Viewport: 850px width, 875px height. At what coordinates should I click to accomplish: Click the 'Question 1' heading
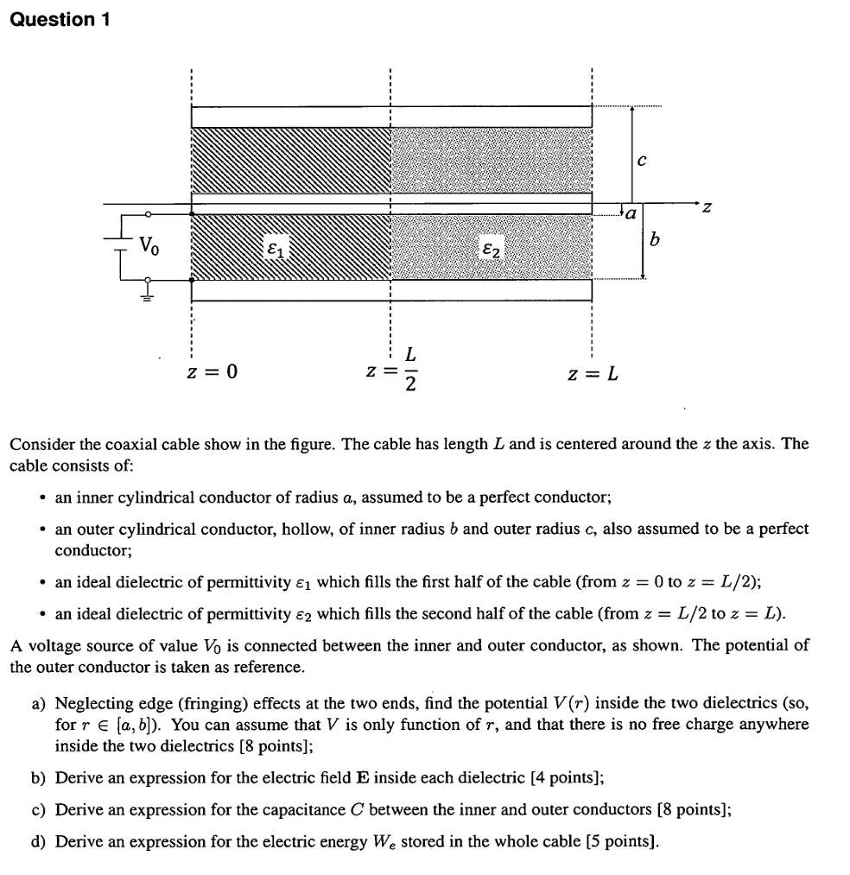60,19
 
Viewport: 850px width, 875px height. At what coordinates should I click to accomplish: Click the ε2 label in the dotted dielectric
489,250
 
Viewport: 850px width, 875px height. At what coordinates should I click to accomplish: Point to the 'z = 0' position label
212,373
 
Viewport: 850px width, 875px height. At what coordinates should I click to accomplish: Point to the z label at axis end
707,208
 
